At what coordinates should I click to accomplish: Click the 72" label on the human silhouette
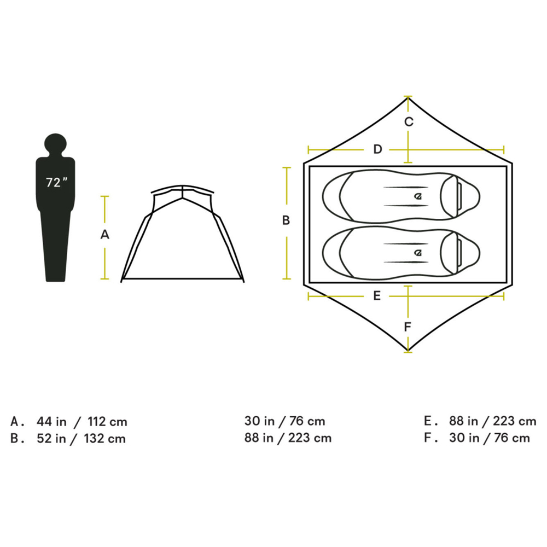pyautogui.click(x=56, y=182)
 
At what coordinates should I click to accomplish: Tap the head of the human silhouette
pyautogui.click(x=55, y=144)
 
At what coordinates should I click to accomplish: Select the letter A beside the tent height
pyautogui.click(x=104, y=235)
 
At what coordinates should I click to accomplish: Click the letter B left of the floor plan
pyautogui.click(x=286, y=220)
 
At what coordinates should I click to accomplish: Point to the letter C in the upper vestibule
pyautogui.click(x=409, y=122)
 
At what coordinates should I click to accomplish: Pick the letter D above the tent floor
pyautogui.click(x=377, y=149)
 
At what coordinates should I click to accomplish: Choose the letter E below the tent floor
pyautogui.click(x=377, y=296)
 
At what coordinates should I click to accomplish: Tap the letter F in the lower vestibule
pyautogui.click(x=407, y=327)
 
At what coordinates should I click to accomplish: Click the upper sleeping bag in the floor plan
pyautogui.click(x=401, y=196)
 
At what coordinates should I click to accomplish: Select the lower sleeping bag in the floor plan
pyautogui.click(x=401, y=253)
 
